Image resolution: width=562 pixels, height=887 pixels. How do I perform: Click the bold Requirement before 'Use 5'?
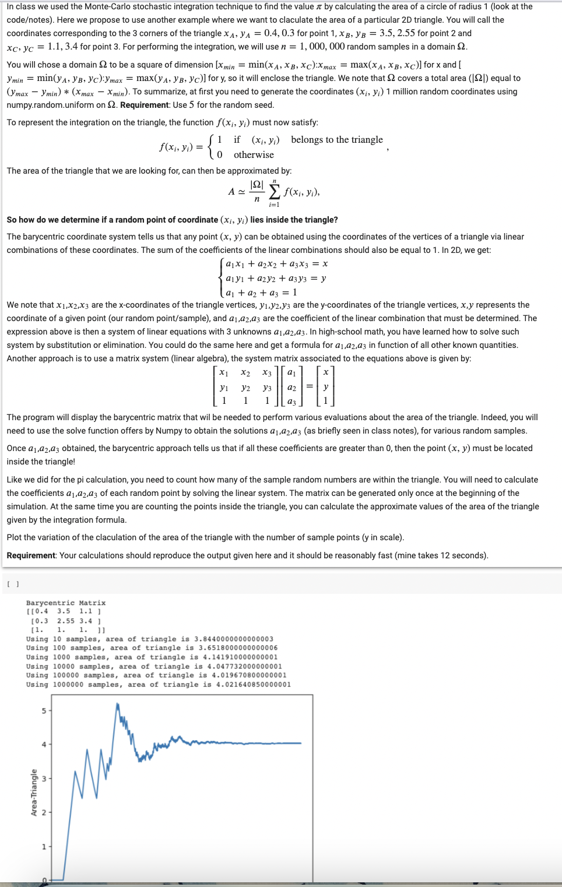[x=145, y=105]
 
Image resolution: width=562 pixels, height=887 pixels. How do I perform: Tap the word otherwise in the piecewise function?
[x=254, y=155]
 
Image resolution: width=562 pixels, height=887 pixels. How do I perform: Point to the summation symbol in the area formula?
[x=274, y=192]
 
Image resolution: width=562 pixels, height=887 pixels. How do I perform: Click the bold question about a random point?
[x=172, y=220]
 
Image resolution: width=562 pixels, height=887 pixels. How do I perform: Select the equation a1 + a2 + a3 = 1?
[x=261, y=293]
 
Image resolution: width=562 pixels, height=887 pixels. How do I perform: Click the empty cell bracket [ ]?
[x=13, y=584]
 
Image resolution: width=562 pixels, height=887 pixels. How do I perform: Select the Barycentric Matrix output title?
[x=66, y=603]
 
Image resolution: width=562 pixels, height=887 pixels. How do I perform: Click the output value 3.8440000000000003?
[x=233, y=639]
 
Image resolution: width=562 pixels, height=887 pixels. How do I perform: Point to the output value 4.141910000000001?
[x=236, y=657]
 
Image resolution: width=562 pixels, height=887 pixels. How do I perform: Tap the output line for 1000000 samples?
[x=158, y=685]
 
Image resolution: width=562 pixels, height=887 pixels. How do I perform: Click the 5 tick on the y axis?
[x=44, y=711]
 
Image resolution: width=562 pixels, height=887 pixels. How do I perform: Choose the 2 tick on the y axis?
[x=44, y=812]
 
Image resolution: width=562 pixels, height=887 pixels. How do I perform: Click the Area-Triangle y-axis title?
[x=33, y=792]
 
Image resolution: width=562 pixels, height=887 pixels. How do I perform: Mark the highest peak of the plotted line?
[x=117, y=704]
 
